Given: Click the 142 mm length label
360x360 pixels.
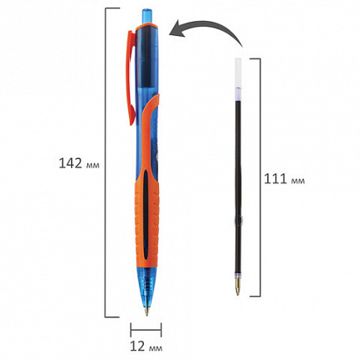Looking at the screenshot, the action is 79,163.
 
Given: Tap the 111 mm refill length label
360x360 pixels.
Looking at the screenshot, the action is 285,179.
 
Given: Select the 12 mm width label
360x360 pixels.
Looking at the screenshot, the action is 146,347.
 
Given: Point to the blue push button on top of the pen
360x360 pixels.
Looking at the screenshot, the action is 147,17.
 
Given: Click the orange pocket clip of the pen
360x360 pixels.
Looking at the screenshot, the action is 131,78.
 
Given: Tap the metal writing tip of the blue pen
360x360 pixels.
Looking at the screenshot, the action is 147,311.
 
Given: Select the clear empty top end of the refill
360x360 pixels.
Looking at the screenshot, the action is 238,72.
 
